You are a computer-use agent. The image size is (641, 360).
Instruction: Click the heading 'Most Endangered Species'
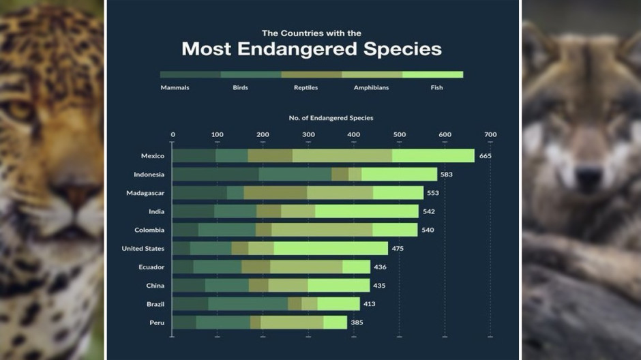click(312, 50)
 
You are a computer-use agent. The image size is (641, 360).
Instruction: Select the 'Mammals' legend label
click(175, 88)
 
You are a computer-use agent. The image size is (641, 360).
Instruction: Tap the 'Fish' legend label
click(436, 88)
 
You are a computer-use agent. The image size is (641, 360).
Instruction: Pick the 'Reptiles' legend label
click(305, 88)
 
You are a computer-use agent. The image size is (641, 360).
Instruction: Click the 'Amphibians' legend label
click(371, 88)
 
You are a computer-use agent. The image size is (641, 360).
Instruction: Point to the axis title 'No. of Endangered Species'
click(331, 118)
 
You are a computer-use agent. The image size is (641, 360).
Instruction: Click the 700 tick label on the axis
click(490, 134)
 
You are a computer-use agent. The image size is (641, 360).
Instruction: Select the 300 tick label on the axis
click(308, 134)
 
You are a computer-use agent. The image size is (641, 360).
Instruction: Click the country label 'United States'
click(143, 248)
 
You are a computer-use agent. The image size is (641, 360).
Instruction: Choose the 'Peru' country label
click(156, 322)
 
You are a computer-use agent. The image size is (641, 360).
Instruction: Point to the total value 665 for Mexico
click(486, 156)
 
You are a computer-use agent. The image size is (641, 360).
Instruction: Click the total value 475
click(398, 248)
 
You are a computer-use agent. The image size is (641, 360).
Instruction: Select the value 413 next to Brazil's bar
click(370, 303)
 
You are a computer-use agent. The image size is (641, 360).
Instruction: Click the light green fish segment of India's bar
click(366, 211)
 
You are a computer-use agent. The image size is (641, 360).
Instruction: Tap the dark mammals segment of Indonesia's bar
click(215, 175)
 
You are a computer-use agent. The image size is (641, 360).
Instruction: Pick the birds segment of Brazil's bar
click(248, 303)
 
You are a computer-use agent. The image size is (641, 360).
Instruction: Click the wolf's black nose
click(588, 179)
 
